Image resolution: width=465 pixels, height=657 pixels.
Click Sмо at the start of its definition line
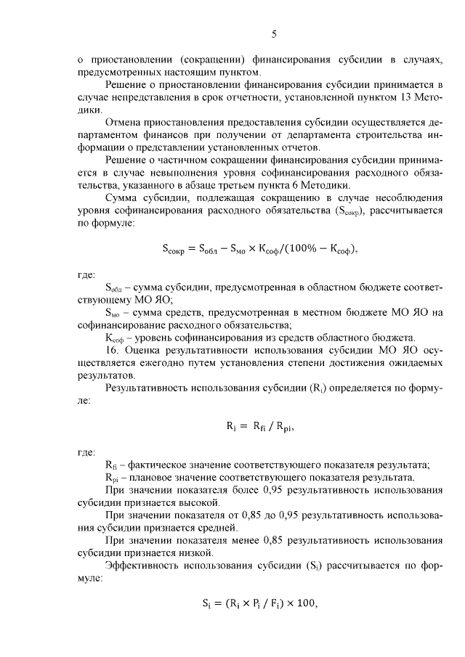(x=113, y=313)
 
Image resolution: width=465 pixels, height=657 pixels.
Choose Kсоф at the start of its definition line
(x=116, y=338)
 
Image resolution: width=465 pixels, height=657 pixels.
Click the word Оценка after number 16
(x=143, y=351)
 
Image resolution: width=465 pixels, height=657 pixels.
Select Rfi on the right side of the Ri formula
(x=263, y=426)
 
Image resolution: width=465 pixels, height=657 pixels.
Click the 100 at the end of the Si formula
(x=307, y=603)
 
